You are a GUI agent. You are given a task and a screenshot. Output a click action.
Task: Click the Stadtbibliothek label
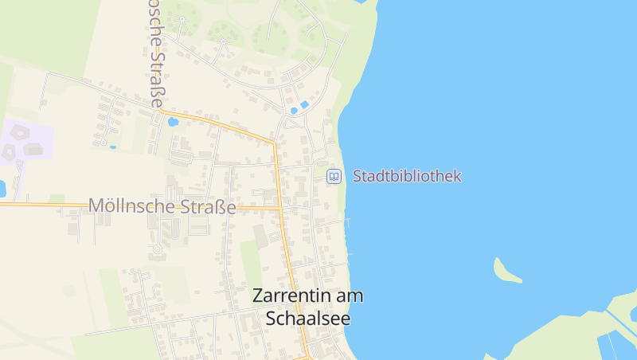(x=407, y=176)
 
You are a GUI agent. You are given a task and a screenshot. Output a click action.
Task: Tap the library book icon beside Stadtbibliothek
(x=334, y=176)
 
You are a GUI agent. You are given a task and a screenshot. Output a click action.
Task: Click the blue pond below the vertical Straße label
(x=173, y=122)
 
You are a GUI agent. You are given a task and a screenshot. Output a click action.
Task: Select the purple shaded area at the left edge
(x=24, y=142)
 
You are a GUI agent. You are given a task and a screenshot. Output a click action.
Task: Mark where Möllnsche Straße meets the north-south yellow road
(x=280, y=209)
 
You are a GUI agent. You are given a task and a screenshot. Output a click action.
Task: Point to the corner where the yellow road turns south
(x=275, y=143)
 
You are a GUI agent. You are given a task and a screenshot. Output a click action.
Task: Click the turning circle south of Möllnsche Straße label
(x=157, y=249)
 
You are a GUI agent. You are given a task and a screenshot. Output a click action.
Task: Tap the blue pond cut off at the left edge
(x=2, y=189)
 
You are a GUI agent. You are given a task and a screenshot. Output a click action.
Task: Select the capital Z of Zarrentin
(x=258, y=295)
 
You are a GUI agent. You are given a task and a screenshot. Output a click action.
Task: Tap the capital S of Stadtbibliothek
(x=358, y=176)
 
